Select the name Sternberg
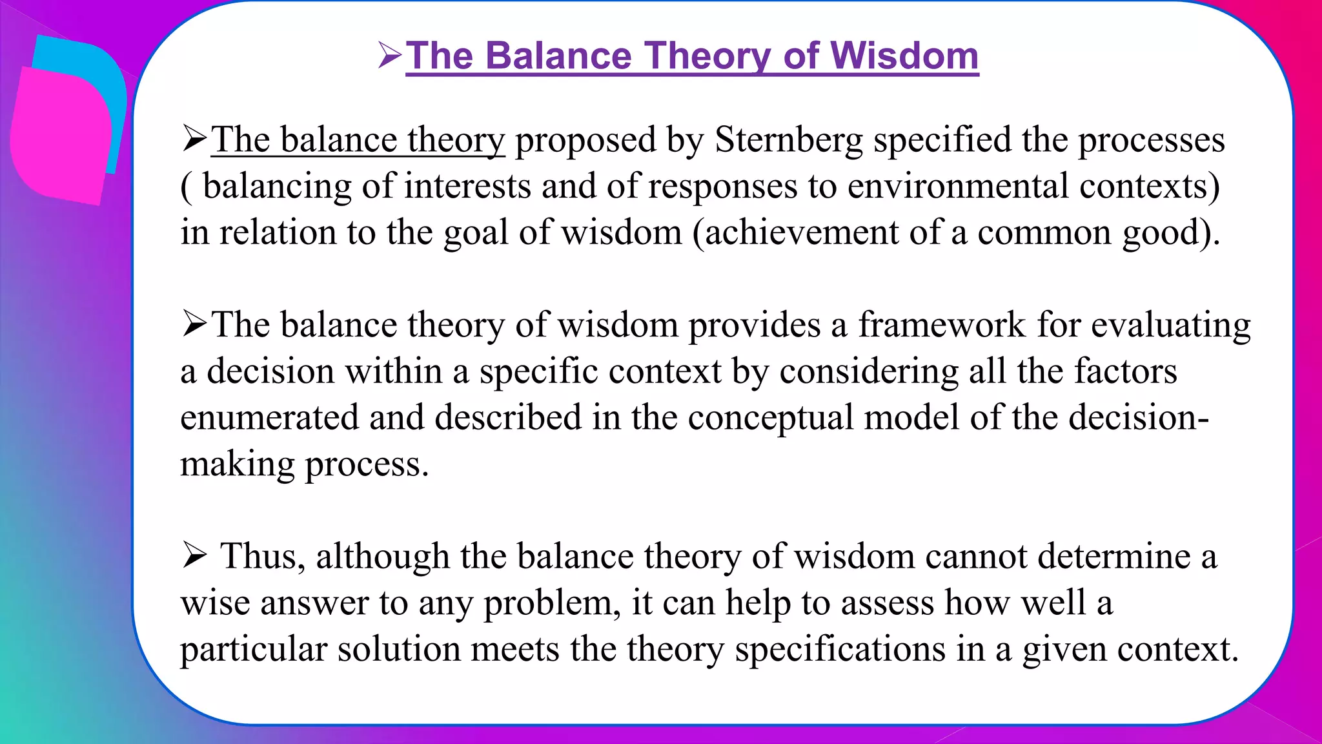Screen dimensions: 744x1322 (789, 140)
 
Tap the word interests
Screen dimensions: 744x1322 (467, 187)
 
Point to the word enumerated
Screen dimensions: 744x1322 (269, 417)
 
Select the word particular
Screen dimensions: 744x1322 (254, 650)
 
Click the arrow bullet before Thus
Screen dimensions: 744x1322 (194, 555)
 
